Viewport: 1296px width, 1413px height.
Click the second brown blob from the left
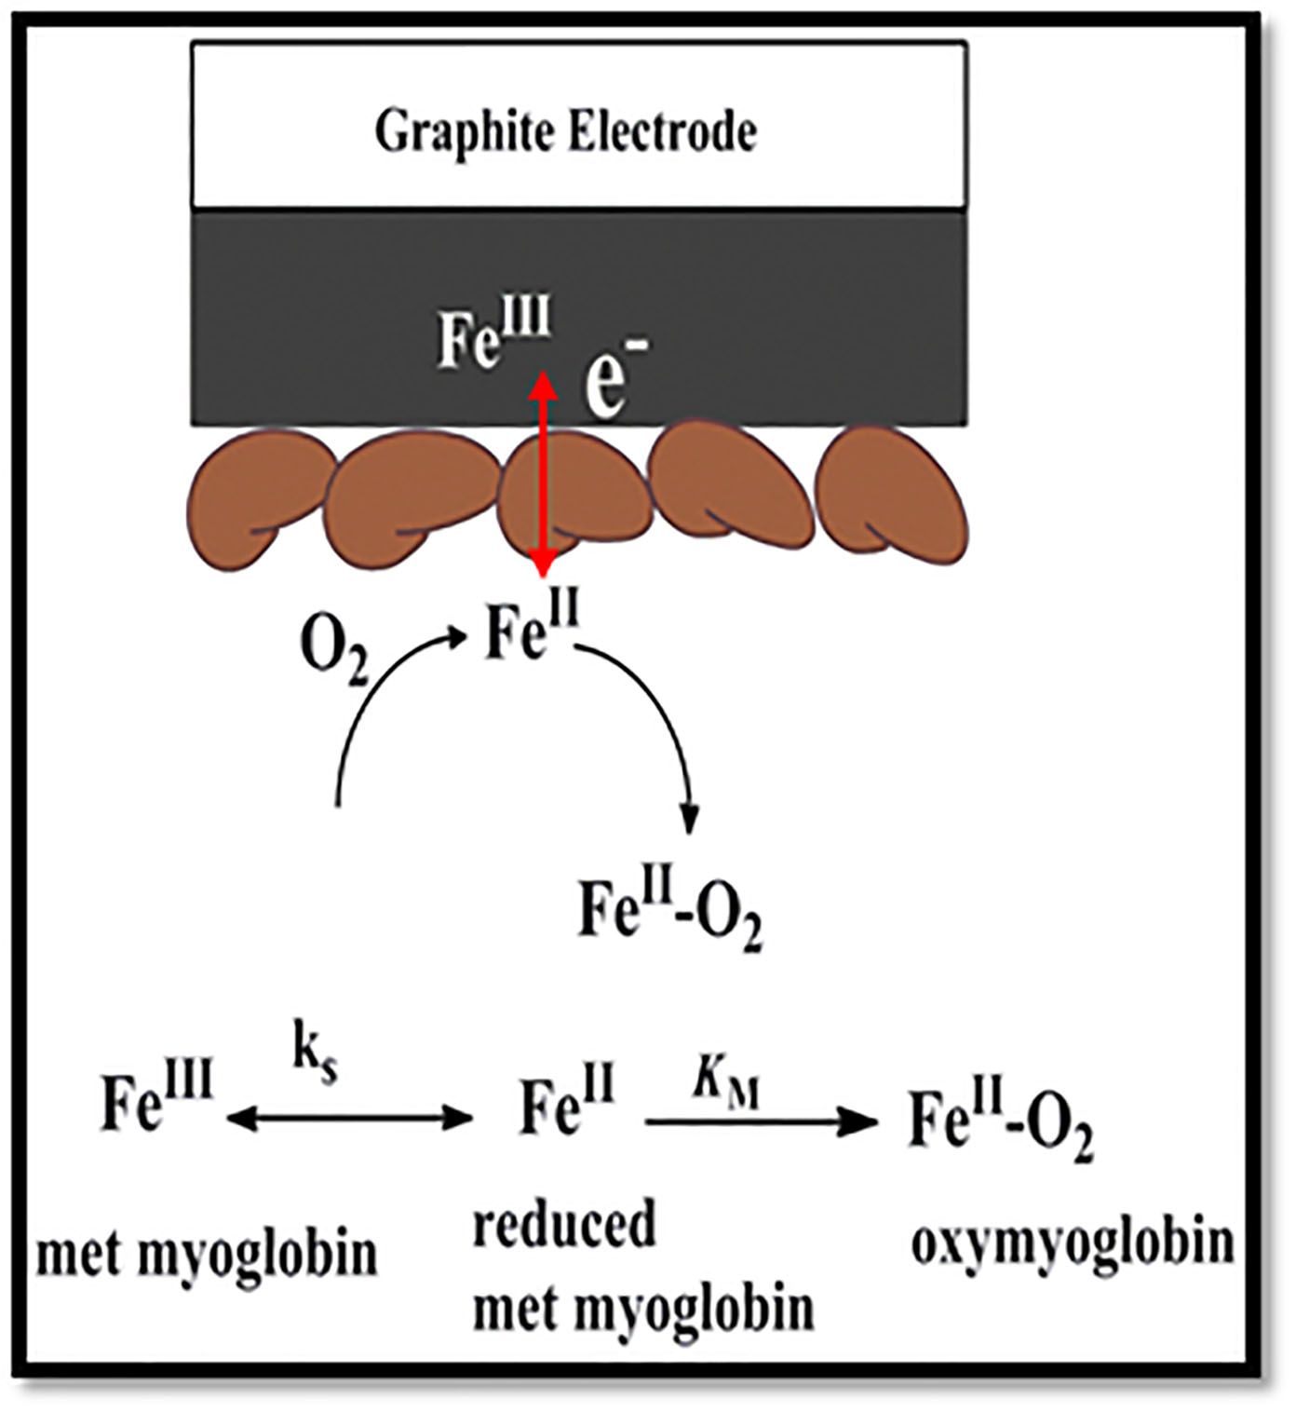[x=414, y=498]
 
